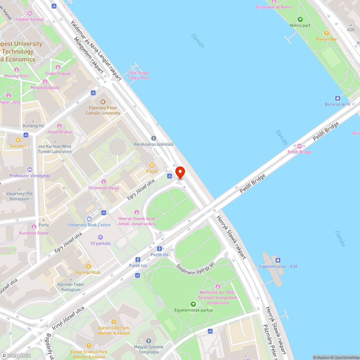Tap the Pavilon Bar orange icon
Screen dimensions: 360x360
point(327,32)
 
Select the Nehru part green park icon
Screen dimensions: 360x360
point(300,19)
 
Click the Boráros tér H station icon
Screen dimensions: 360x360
point(337,98)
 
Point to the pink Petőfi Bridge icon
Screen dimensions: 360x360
point(300,146)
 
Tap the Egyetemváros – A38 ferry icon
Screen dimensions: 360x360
point(278,260)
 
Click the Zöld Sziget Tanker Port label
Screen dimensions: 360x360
point(139,75)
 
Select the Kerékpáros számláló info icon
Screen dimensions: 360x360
point(154,138)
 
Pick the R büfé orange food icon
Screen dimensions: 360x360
point(152,165)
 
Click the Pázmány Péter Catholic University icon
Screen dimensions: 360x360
point(103,102)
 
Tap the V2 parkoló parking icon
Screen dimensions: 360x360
point(100,237)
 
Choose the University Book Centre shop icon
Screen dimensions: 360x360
point(89,219)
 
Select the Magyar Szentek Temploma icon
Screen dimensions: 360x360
point(149,341)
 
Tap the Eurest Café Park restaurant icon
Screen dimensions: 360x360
point(114,322)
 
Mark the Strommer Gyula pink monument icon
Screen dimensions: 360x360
point(104,182)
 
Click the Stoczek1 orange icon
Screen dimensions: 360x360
point(18,140)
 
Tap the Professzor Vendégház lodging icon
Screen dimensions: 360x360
point(30,170)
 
